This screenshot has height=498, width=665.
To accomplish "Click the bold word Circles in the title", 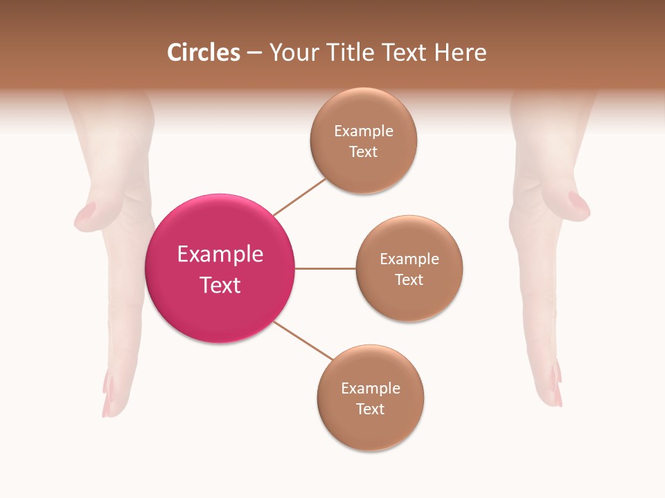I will tap(204, 53).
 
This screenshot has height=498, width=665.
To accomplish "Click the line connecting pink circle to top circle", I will tap(299, 196).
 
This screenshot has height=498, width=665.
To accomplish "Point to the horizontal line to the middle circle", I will tap(326, 268).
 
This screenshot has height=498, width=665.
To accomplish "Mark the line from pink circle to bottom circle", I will tap(303, 340).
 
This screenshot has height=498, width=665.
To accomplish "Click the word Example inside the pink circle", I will tap(220, 255).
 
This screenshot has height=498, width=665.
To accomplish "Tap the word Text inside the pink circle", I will tap(220, 285).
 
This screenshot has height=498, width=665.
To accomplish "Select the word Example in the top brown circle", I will tap(363, 131).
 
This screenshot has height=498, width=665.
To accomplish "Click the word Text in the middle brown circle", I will tap(409, 280).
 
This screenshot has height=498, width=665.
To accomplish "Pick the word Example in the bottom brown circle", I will tap(370, 389).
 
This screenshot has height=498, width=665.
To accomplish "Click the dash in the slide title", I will tap(254, 53).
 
